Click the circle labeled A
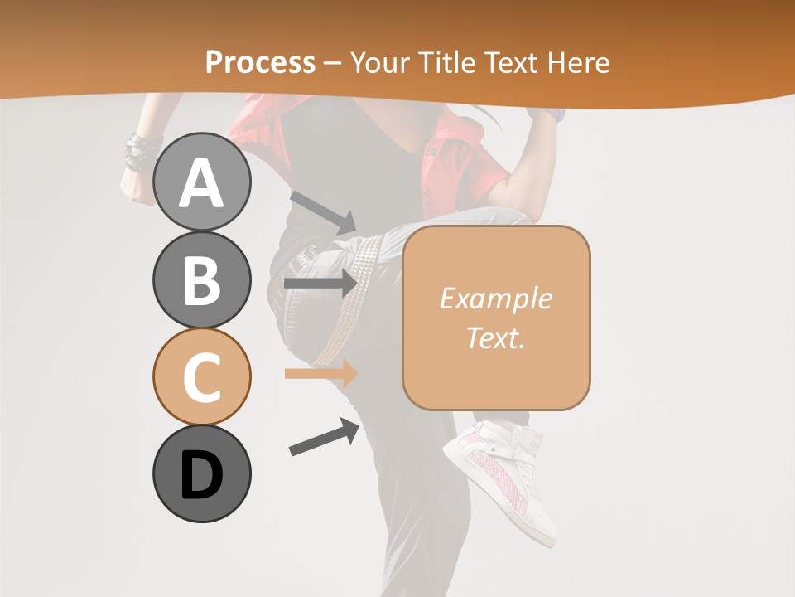coord(202,183)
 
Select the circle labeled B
coord(202,280)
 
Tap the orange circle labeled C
coord(202,376)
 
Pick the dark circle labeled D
coord(202,473)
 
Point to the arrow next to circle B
coord(320,284)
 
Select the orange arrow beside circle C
coord(320,374)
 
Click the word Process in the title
coord(260,62)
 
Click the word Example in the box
coord(495,298)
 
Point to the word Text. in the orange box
coord(495,337)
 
